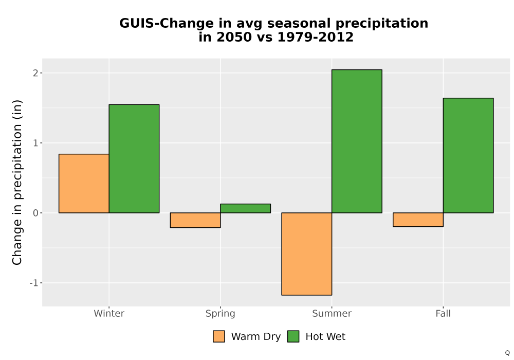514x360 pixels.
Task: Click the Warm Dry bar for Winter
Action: coord(84,183)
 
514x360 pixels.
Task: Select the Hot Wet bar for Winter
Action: coord(134,159)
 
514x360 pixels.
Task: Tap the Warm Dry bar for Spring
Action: coord(195,220)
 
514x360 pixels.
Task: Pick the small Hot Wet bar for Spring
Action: coord(246,208)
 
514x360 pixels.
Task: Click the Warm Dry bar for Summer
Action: coord(307,254)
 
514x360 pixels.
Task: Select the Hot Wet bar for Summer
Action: coord(357,141)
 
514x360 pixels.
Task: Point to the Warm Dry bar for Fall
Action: coord(418,220)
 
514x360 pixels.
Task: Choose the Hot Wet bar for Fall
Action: coord(468,155)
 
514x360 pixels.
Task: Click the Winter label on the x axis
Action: coord(109,313)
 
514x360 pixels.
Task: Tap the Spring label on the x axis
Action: coord(221,314)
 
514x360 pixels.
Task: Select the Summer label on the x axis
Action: coord(332,313)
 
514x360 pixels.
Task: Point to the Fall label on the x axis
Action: coord(443,313)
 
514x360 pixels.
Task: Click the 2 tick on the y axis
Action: coord(36,73)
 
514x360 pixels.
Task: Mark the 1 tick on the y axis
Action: coord(36,143)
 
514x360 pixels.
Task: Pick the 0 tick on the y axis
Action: coord(36,213)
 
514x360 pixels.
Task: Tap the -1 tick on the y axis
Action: coord(34,283)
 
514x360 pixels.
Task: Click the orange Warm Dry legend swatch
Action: coord(219,336)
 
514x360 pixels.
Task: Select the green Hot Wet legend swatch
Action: coord(293,336)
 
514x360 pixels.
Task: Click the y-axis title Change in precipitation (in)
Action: coord(17,182)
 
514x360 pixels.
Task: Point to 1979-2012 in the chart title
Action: coord(316,37)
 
